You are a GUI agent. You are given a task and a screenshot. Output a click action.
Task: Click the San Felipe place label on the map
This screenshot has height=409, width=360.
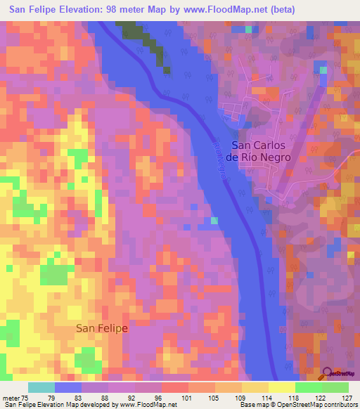102,328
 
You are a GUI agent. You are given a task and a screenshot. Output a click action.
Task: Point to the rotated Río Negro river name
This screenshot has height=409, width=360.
219,159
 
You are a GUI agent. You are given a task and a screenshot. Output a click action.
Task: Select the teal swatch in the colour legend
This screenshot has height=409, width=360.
41,387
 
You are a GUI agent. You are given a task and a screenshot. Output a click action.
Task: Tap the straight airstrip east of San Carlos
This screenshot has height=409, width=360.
299,134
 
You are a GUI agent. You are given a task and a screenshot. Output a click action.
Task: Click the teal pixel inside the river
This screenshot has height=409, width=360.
214,221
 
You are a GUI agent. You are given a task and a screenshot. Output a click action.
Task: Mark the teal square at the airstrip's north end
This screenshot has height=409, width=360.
323,70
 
